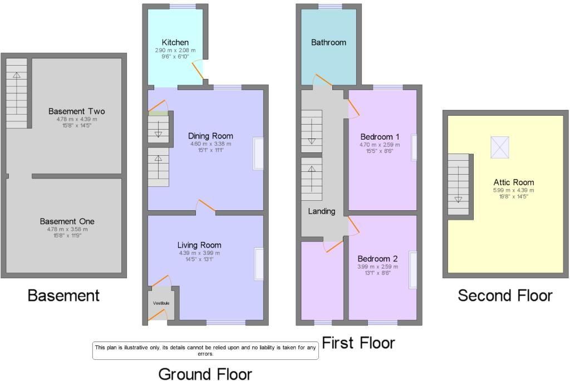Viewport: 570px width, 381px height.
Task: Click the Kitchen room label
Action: coord(175,42)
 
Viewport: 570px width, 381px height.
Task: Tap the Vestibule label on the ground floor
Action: coord(161,303)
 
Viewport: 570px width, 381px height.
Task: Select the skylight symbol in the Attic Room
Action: coord(500,147)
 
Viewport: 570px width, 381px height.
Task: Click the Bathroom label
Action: coord(328,42)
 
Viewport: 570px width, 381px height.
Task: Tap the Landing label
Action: coord(322,211)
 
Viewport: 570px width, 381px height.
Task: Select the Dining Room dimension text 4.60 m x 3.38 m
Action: coord(210,144)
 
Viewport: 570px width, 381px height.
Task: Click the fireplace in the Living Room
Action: coord(259,264)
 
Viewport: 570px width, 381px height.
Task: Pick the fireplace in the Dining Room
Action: coord(259,153)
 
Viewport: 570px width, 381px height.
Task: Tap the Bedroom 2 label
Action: coord(377,259)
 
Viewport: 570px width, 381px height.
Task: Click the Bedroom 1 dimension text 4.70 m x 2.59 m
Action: coord(380,144)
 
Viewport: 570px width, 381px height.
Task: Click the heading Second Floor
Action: coord(505,295)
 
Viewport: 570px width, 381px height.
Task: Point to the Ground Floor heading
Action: coord(205,374)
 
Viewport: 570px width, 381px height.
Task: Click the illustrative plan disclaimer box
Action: coord(205,350)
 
